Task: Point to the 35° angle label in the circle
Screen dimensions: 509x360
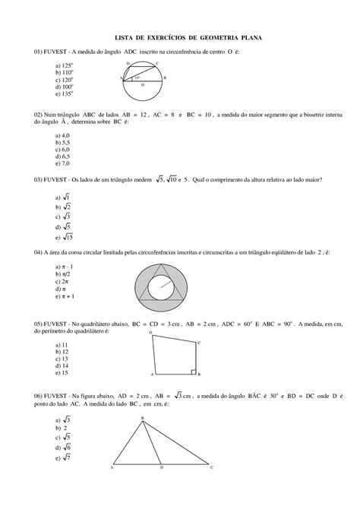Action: coord(137,77)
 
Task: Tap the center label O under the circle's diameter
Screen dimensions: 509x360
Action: coord(141,86)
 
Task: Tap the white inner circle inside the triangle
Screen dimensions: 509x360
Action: coord(160,288)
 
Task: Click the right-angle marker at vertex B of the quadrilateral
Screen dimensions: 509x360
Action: coord(193,374)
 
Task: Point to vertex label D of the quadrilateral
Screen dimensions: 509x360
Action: coord(150,333)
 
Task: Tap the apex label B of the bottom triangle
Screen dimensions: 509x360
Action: coord(142,419)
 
